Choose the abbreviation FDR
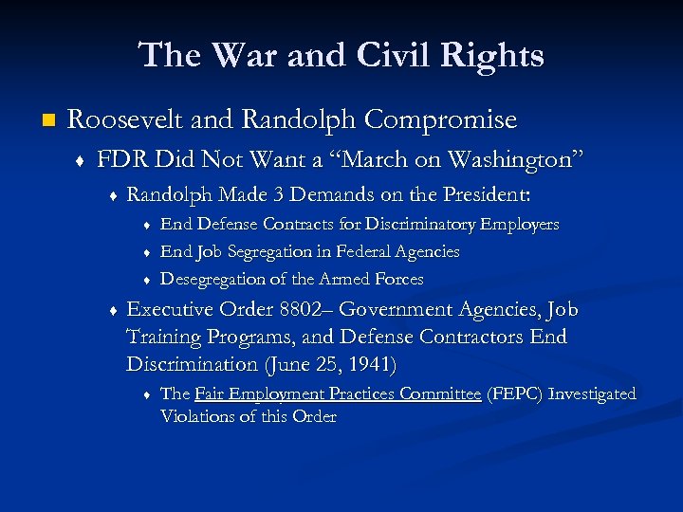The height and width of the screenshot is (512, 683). point(120,159)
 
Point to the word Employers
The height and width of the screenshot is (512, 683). point(520,225)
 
